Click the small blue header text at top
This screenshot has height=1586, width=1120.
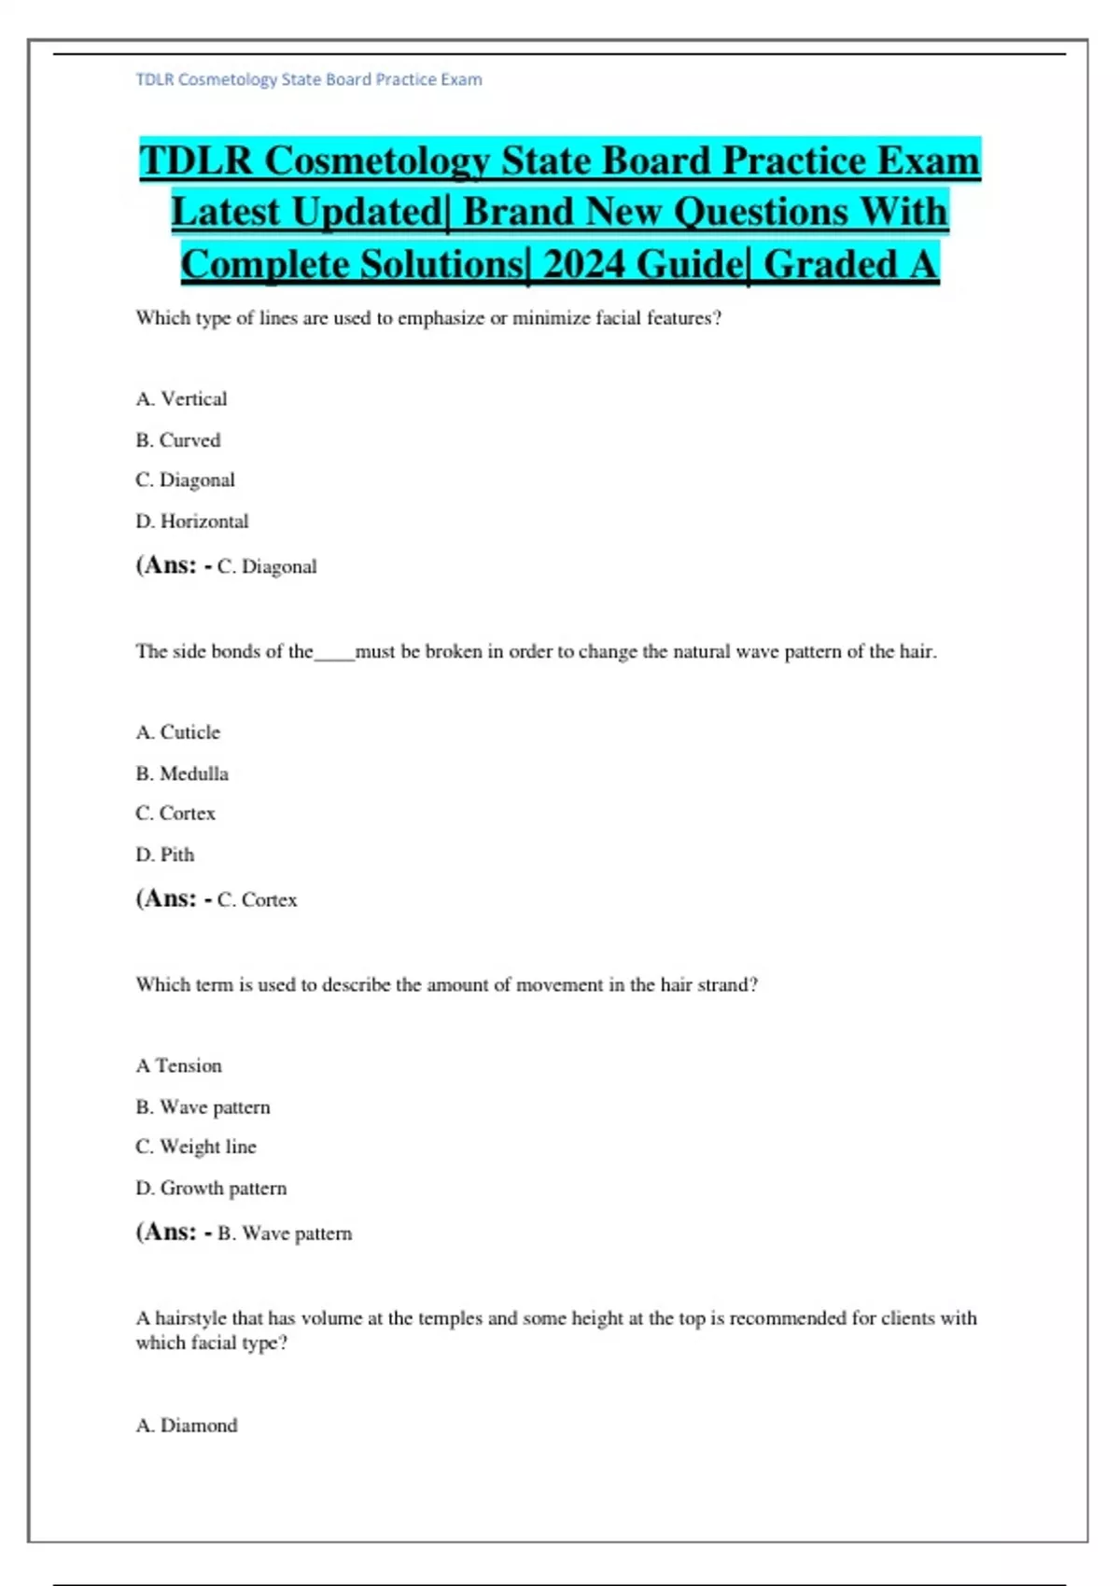tap(309, 79)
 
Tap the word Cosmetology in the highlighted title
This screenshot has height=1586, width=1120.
tap(377, 160)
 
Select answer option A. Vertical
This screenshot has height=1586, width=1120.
tap(181, 399)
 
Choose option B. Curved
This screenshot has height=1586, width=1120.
tap(178, 440)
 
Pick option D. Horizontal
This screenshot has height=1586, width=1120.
tap(192, 522)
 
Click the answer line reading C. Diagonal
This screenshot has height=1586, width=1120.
tap(267, 566)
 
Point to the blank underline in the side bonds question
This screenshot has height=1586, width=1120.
tap(334, 654)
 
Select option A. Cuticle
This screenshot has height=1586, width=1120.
tap(178, 732)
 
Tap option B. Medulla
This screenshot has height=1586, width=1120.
tap(182, 773)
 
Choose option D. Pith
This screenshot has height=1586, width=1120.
tap(165, 855)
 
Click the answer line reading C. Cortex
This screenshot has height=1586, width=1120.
tap(257, 900)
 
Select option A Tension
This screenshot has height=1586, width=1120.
tap(179, 1065)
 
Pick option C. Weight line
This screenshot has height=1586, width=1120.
tap(196, 1147)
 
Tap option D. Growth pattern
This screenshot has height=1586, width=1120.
tap(211, 1189)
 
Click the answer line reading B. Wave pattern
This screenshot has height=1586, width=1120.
tap(285, 1233)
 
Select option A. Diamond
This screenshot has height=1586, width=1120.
tap(187, 1426)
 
